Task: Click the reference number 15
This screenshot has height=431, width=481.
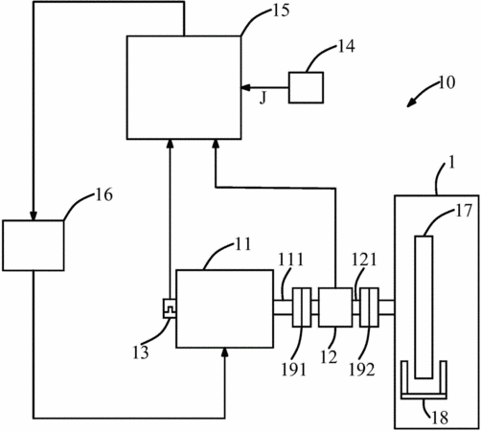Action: [x=281, y=11]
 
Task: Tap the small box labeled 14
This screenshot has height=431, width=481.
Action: [x=306, y=87]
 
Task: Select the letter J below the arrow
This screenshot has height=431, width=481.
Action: [x=263, y=98]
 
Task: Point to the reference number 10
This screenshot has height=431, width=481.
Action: [x=447, y=82]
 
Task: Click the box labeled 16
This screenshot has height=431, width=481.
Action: [x=34, y=245]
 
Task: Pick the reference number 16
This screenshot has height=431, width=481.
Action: [x=104, y=194]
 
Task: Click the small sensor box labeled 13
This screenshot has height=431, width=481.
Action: [x=170, y=308]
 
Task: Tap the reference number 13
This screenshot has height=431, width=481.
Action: [x=141, y=352]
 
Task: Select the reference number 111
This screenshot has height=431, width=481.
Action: [x=290, y=260]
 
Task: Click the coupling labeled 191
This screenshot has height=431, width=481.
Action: [x=302, y=307]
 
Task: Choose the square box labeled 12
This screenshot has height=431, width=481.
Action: [x=335, y=307]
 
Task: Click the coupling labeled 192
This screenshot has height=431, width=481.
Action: [x=369, y=307]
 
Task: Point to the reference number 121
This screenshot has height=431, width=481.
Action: [x=364, y=260]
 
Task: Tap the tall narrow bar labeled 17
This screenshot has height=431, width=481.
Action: [x=424, y=307]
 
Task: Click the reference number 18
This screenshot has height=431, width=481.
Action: [x=440, y=418]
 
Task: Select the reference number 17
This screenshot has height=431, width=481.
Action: [x=464, y=211]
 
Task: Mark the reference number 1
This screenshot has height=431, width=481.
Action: [x=451, y=163]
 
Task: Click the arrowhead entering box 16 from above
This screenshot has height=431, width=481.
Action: [x=34, y=216]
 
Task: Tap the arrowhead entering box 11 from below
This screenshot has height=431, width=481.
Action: [x=225, y=352]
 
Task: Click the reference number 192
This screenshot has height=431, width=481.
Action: [x=361, y=370]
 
